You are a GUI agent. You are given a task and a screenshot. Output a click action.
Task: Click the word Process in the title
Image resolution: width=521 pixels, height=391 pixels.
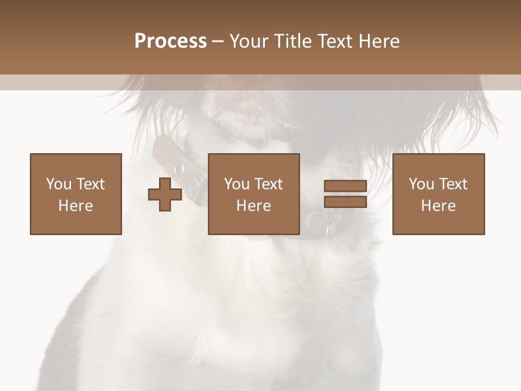(x=170, y=41)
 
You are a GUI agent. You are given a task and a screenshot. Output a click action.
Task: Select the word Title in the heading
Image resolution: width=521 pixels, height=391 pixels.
(x=294, y=41)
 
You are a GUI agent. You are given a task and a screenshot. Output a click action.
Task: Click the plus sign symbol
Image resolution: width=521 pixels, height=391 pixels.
(x=165, y=194)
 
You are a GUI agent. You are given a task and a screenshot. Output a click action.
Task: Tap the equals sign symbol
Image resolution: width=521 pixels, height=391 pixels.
(x=345, y=194)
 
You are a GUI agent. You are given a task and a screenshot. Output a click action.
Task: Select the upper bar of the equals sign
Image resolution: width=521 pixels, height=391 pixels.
(x=345, y=186)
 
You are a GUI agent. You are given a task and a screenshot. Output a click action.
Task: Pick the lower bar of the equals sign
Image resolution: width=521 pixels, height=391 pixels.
(x=345, y=201)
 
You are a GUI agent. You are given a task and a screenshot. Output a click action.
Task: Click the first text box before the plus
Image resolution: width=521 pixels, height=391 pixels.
(x=76, y=194)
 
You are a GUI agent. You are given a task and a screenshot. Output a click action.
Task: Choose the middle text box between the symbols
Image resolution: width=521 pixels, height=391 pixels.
(x=253, y=194)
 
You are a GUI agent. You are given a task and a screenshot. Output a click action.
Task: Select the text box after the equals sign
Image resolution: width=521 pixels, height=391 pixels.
(x=438, y=194)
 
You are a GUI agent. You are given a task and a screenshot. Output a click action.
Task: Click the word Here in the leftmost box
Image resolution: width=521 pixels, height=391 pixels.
(x=76, y=206)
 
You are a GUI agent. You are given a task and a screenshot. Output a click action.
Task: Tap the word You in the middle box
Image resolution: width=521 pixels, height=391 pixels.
(x=237, y=184)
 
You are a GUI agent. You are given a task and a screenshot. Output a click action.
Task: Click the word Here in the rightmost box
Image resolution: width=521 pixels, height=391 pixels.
(x=438, y=206)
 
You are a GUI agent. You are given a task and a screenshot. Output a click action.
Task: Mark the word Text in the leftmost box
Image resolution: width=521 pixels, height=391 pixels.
(x=90, y=184)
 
